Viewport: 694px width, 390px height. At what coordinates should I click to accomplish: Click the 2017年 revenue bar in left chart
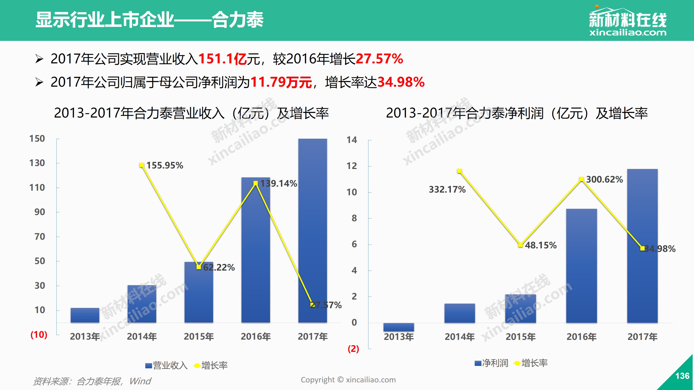(x=313, y=230)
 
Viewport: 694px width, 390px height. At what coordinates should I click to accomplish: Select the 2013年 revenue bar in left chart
(x=85, y=315)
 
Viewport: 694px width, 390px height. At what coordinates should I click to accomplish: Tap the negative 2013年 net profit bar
(x=399, y=327)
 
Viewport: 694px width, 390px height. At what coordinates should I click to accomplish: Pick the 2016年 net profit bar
(x=581, y=265)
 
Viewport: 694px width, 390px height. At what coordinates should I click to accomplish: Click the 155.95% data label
(x=165, y=165)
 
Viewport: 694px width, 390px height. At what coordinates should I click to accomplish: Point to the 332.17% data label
(x=447, y=189)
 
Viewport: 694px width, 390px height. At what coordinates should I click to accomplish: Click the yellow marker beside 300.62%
(x=581, y=179)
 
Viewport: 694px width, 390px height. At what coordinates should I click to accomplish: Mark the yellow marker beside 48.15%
(x=520, y=245)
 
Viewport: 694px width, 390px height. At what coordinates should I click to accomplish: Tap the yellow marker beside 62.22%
(x=199, y=267)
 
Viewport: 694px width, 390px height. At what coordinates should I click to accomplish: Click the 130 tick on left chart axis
(x=37, y=163)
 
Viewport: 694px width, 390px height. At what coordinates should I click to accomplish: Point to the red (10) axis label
(x=39, y=334)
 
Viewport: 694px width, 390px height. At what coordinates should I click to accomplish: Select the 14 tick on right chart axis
(x=352, y=140)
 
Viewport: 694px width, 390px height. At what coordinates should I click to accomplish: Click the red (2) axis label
(x=353, y=349)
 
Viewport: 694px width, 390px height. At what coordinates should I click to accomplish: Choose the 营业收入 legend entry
(x=166, y=365)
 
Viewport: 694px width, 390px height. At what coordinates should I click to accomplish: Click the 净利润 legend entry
(x=491, y=363)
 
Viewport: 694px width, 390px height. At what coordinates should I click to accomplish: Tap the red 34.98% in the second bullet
(x=401, y=82)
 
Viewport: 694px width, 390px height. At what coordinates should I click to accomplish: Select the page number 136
(x=682, y=376)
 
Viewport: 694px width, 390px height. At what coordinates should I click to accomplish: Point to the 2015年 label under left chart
(x=199, y=336)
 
